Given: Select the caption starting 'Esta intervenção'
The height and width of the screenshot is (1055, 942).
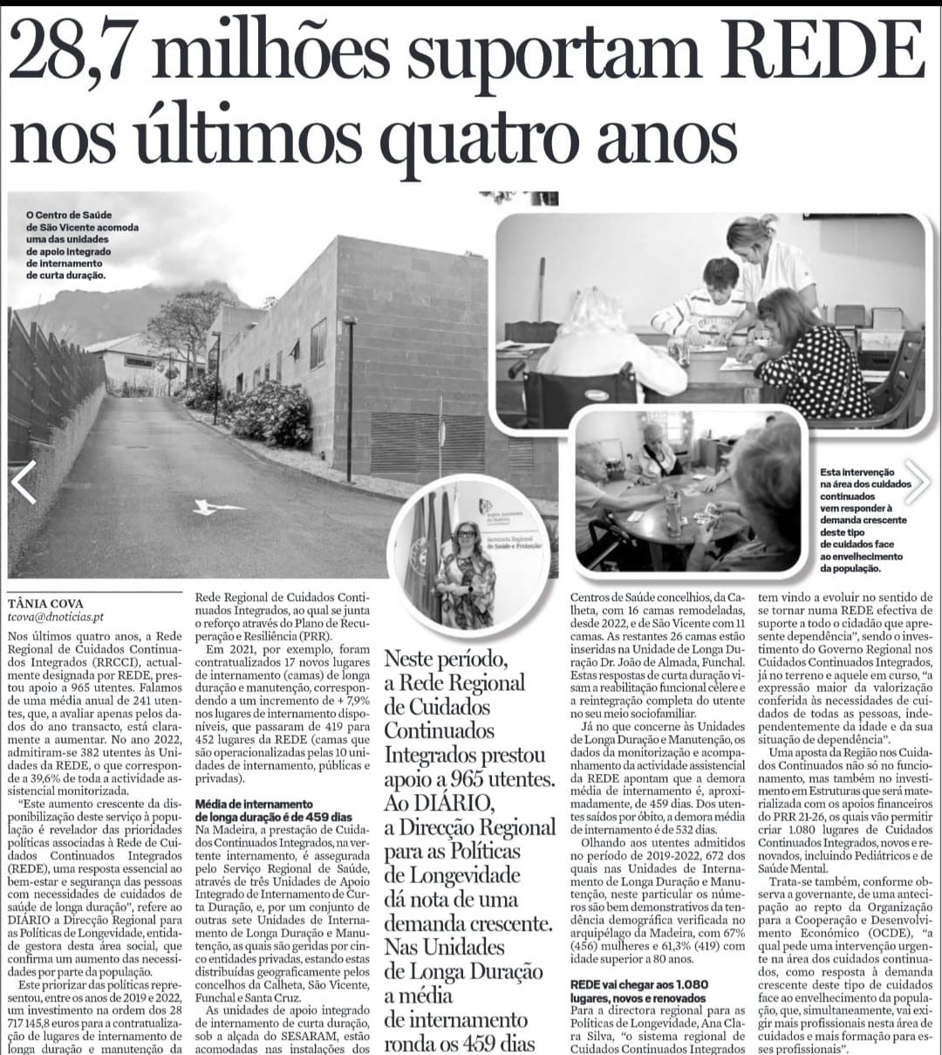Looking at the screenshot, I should click(867, 519).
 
